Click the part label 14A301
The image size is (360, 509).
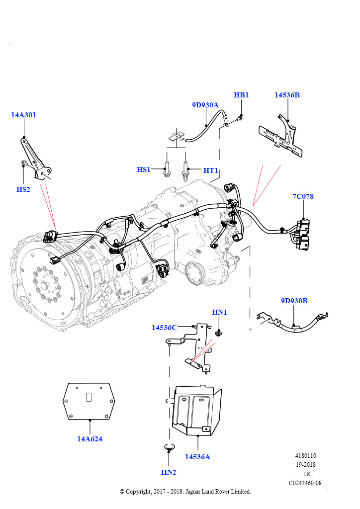click(23, 115)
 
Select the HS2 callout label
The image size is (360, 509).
click(23, 189)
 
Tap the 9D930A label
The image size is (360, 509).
click(205, 105)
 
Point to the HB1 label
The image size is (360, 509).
click(241, 95)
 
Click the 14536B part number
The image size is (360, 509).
click(287, 95)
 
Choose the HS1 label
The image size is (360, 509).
click(144, 170)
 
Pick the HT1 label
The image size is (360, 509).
click(211, 170)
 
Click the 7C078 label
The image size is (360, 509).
click(303, 196)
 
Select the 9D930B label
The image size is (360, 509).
click(294, 301)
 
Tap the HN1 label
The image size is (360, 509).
click(219, 312)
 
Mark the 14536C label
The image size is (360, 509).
click(164, 328)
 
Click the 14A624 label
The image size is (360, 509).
click(90, 439)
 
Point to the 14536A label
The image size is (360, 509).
click(197, 456)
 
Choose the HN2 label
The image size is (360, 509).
click(169, 472)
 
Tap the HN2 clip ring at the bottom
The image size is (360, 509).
click(169, 448)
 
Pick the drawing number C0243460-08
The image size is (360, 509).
click(305, 483)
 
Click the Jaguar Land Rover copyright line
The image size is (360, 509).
click(185, 492)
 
